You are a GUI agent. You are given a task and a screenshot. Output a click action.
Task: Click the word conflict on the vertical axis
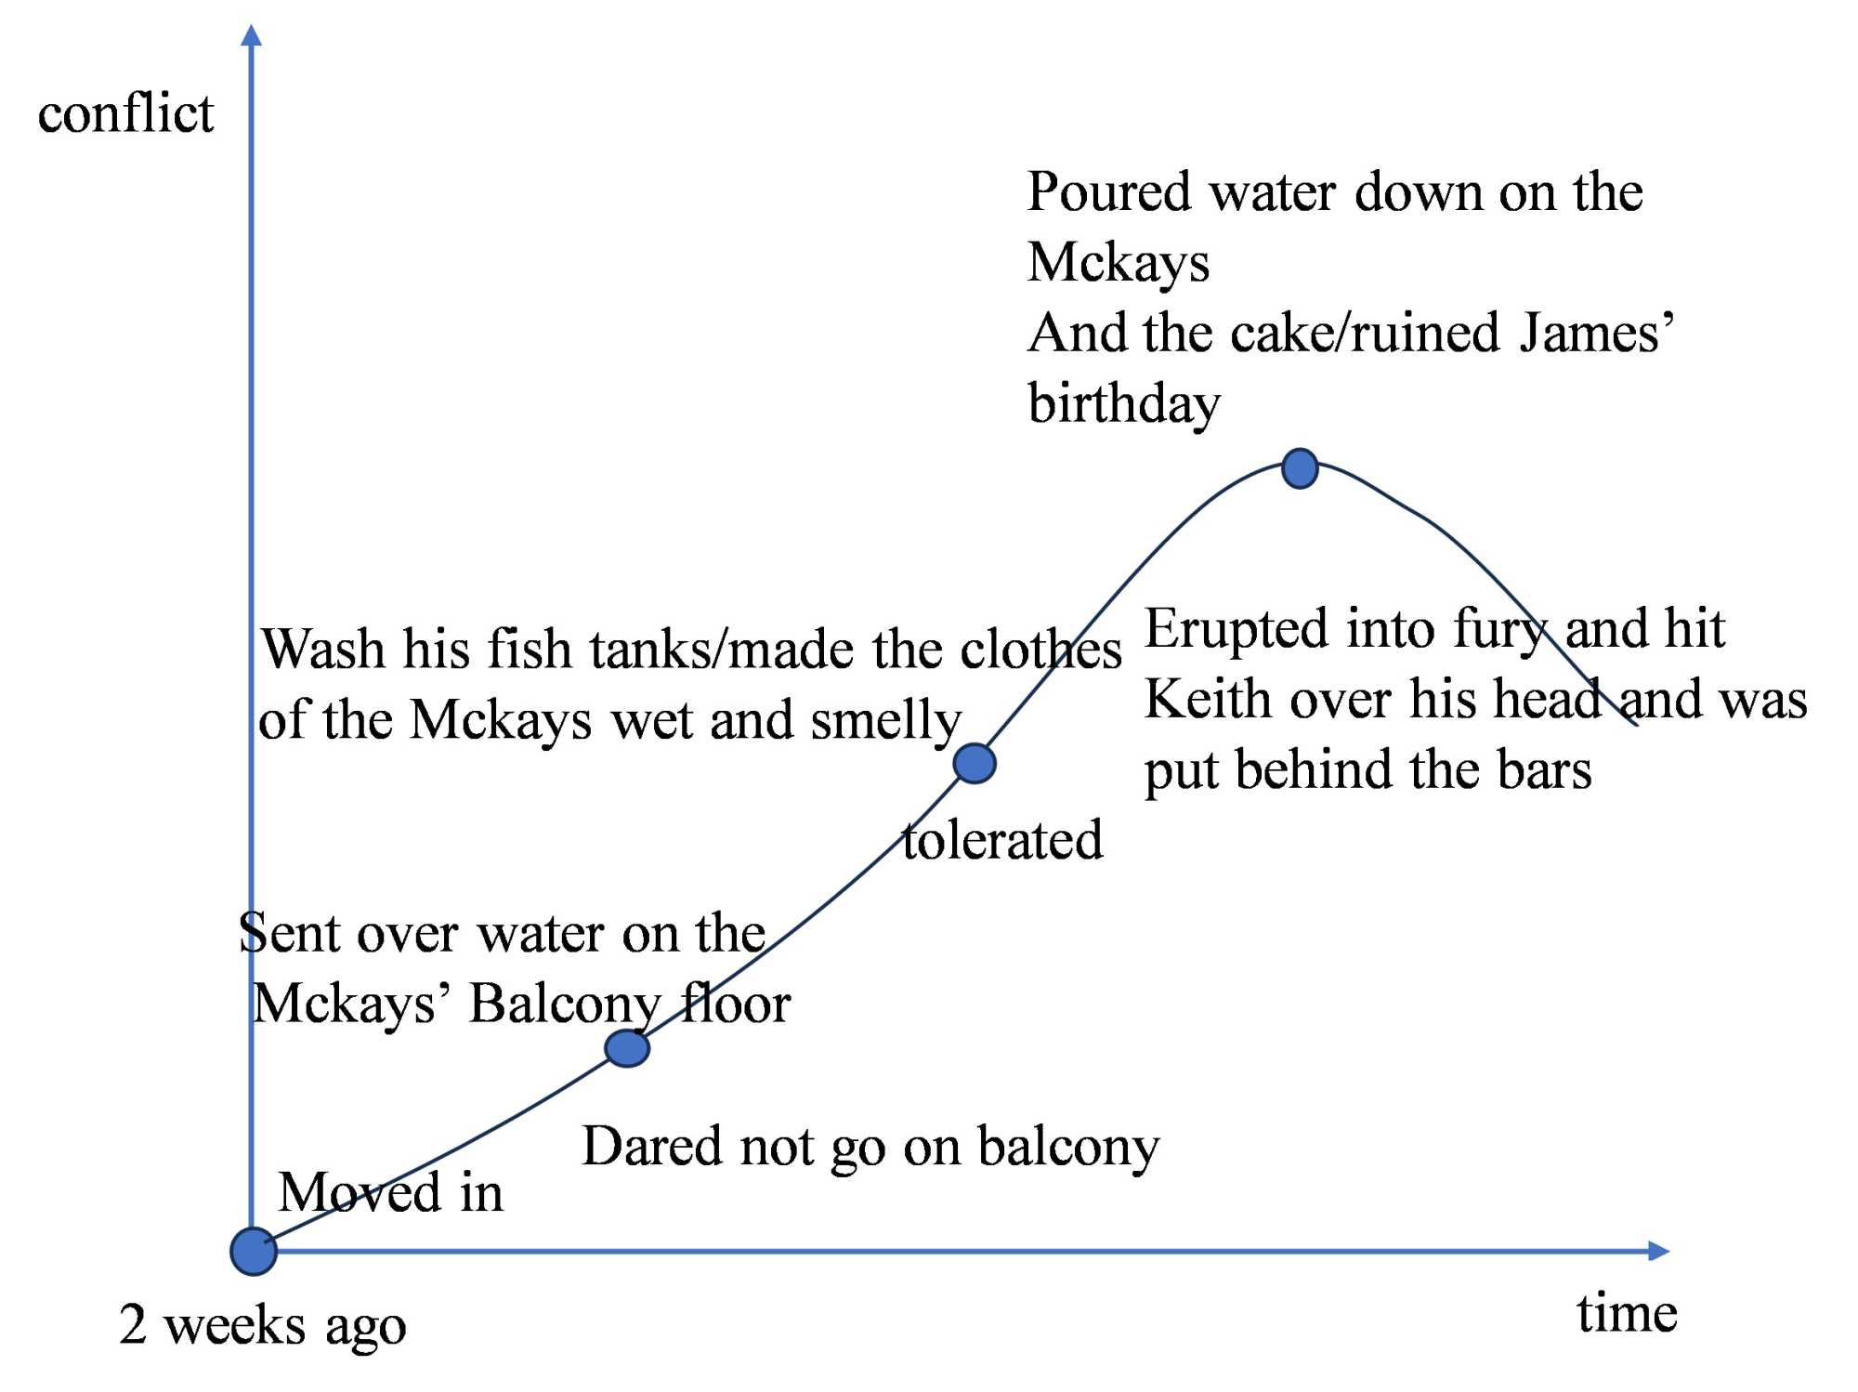pyautogui.click(x=125, y=114)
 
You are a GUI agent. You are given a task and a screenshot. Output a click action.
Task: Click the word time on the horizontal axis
pyautogui.click(x=1626, y=1314)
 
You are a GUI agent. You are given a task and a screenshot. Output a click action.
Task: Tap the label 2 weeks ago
pyautogui.click(x=263, y=1325)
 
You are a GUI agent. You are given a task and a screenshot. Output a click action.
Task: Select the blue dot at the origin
pyautogui.click(x=254, y=1251)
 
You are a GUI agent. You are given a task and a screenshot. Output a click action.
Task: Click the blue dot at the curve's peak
pyautogui.click(x=1300, y=468)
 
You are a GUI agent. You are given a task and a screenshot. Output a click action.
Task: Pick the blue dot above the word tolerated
pyautogui.click(x=975, y=764)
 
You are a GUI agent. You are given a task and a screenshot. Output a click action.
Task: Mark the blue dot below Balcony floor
pyautogui.click(x=627, y=1048)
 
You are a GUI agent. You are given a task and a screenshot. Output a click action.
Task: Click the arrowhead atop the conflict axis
pyautogui.click(x=251, y=35)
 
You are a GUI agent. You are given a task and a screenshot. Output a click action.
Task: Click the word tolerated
pyautogui.click(x=1002, y=840)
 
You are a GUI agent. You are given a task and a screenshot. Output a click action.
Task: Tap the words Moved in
pyautogui.click(x=391, y=1192)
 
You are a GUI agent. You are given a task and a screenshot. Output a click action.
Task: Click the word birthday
pyautogui.click(x=1124, y=405)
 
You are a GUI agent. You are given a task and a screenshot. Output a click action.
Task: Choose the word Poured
pyautogui.click(x=1108, y=192)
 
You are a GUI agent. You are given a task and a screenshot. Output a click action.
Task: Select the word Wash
pyautogui.click(x=322, y=649)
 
